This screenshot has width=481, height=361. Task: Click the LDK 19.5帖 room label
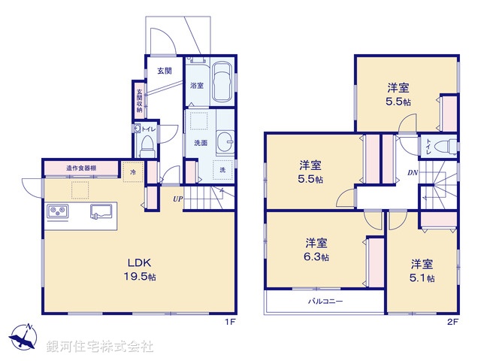140,269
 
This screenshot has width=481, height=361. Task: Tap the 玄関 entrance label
165,71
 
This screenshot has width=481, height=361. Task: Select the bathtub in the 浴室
222,83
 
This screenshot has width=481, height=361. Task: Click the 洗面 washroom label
201,142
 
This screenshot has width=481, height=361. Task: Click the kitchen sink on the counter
101,210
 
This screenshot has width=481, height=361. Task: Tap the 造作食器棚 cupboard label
81,168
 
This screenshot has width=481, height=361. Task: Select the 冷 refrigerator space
132,171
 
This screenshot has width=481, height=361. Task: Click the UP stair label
177,199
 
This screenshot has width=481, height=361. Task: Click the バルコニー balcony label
325,301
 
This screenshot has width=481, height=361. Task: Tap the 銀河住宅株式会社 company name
100,347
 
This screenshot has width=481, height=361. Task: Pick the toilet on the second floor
446,146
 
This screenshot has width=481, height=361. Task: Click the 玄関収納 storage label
140,102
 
